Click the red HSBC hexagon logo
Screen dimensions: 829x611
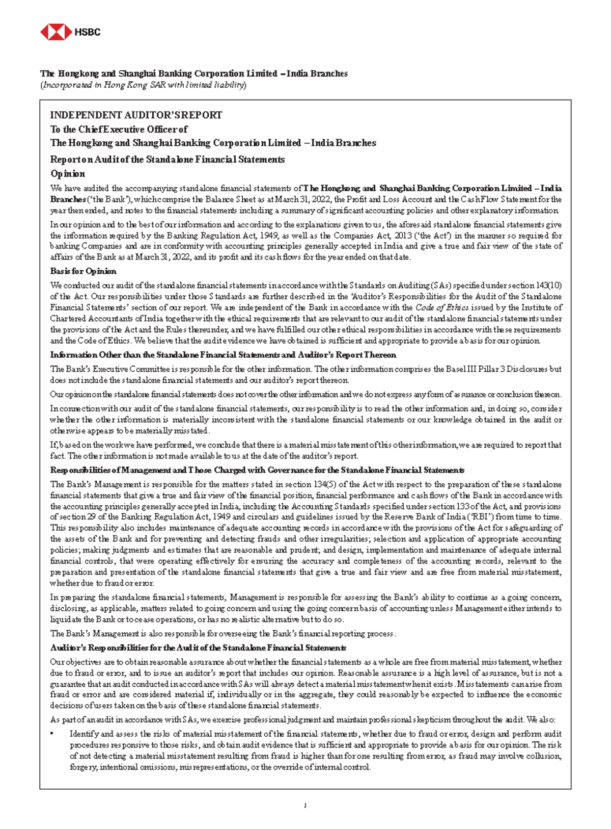point(55,32)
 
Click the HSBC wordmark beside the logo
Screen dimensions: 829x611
point(88,32)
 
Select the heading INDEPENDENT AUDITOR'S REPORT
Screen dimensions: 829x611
point(136,115)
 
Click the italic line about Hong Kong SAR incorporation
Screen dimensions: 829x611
point(143,85)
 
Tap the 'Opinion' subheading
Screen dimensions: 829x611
point(68,173)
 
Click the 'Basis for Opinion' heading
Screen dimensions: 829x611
point(83,271)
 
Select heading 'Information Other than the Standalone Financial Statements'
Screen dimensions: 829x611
point(223,355)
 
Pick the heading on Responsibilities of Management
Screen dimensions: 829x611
point(257,470)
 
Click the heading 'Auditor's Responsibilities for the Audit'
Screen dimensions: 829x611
point(198,648)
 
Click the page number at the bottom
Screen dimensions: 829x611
point(305,806)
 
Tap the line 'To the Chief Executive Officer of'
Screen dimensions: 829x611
point(119,129)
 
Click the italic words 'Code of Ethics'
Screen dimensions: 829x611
point(442,307)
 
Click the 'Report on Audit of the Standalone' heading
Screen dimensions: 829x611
point(167,160)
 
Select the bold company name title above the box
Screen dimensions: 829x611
point(194,74)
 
